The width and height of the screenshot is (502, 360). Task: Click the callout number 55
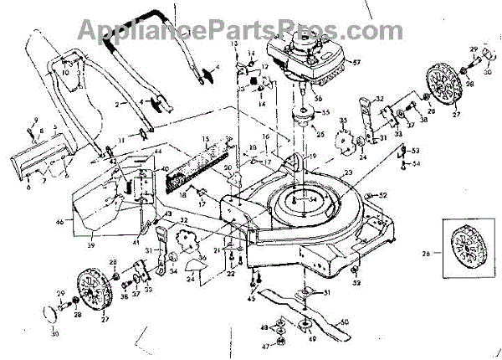326,112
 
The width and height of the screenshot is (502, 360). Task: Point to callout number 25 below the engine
319,134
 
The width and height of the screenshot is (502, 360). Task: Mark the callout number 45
252,298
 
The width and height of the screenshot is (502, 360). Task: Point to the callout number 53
416,150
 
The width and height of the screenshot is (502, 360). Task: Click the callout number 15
205,138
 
